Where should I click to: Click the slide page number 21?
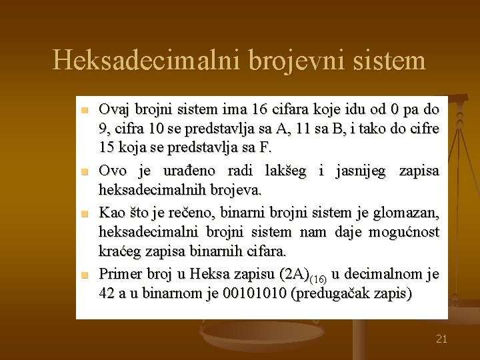click(x=441, y=339)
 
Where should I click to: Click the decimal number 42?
click(x=107, y=293)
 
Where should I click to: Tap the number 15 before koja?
click(x=108, y=145)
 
